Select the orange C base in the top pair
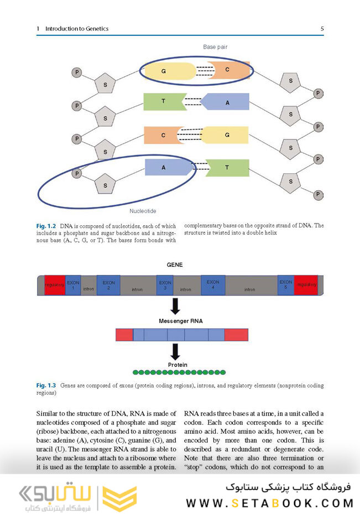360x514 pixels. coord(227,70)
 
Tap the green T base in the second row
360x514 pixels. coord(163,102)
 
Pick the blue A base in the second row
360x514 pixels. coord(227,102)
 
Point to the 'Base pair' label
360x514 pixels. coord(215,48)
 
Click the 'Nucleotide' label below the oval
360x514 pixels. coord(143,211)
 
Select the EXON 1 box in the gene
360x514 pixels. coord(73,285)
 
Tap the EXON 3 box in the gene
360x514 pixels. coord(165,285)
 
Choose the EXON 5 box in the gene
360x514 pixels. coord(286,284)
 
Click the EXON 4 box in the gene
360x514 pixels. coord(213,284)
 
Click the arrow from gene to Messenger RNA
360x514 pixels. coord(175,306)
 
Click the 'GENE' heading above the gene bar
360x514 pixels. coord(175,265)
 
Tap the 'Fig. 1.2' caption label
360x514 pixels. coord(46,226)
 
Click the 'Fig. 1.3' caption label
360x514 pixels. coord(46,385)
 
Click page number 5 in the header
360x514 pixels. coord(322,28)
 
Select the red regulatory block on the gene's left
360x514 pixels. coord(55,285)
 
